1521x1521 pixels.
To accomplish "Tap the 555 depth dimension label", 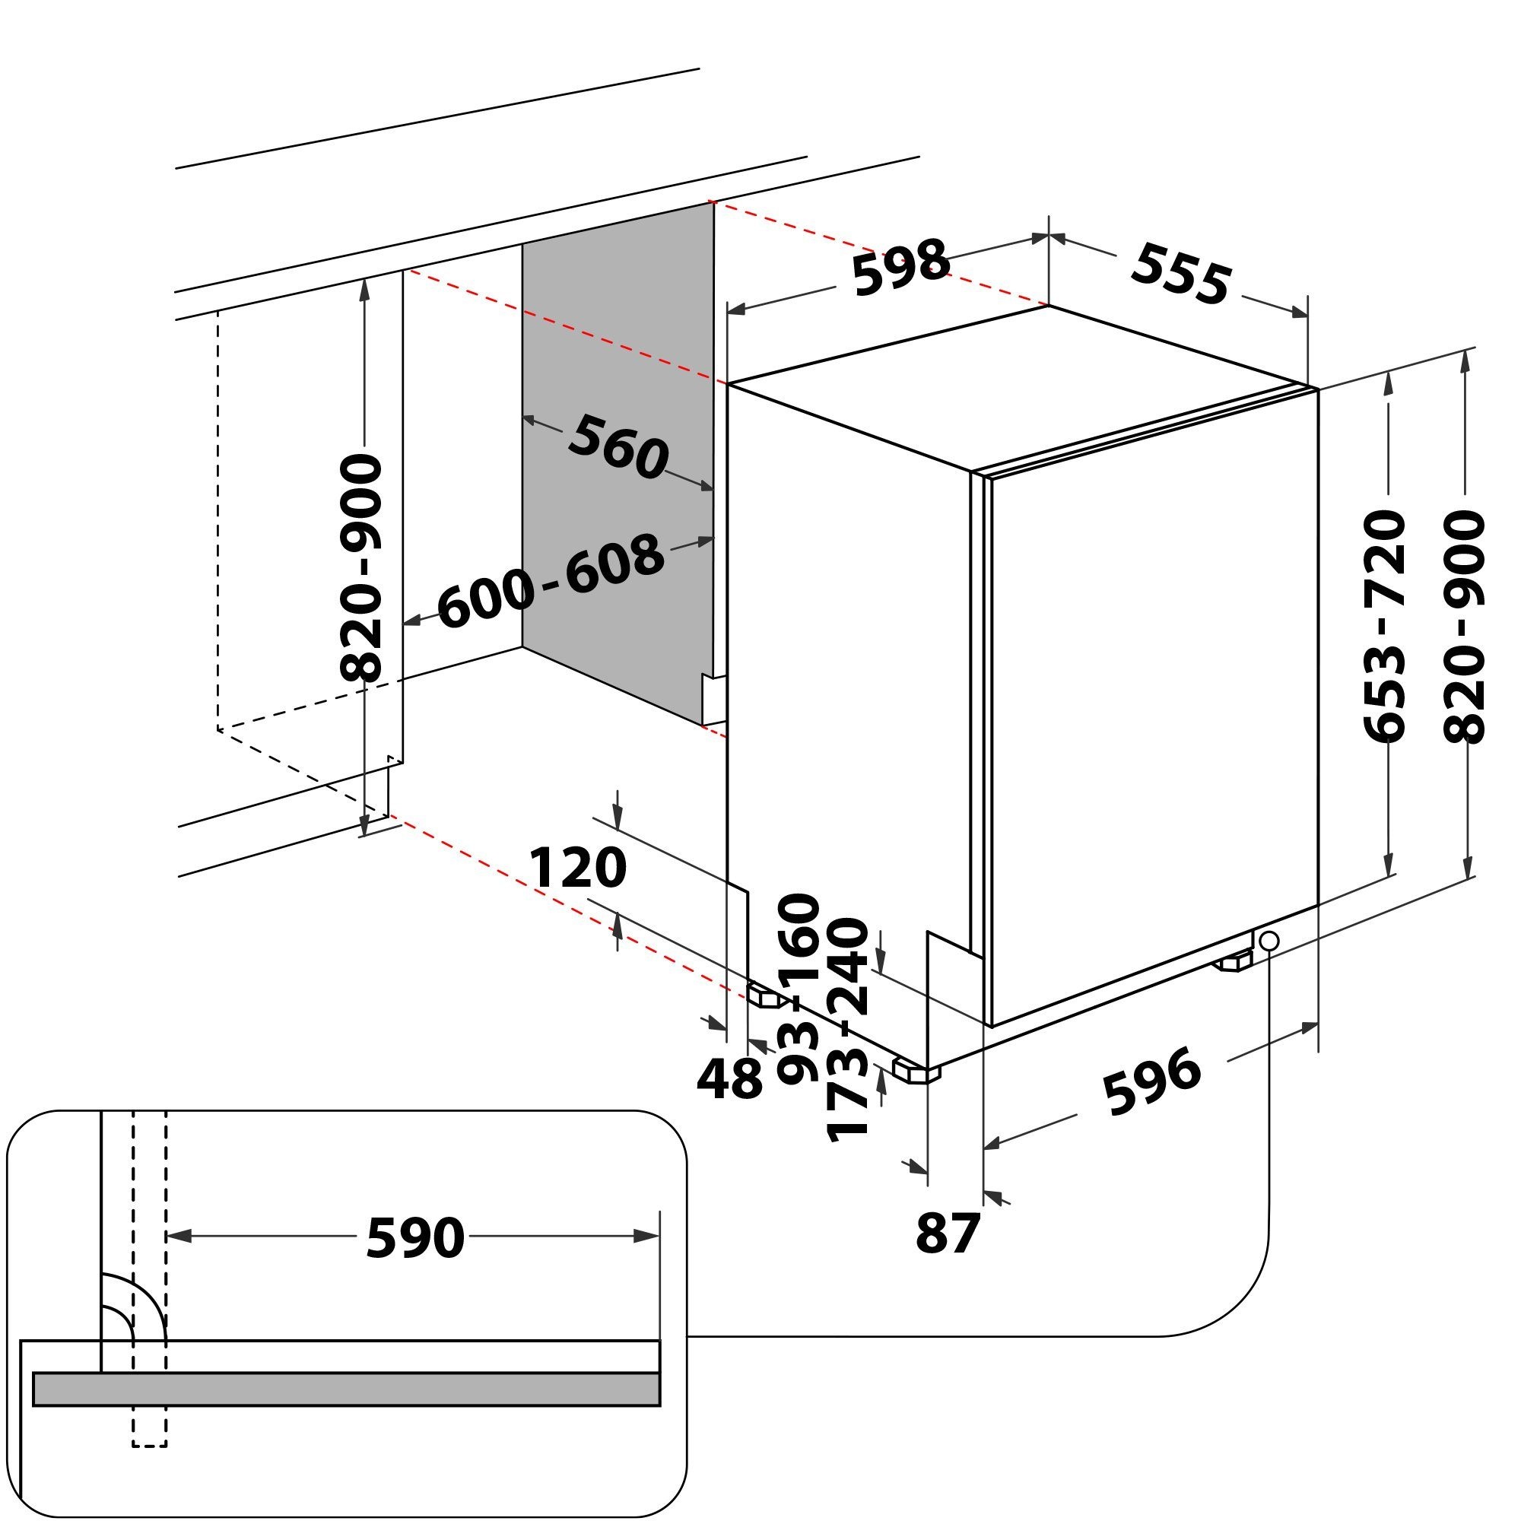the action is coord(1180,273).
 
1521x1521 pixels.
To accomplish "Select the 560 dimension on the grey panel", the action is coord(618,447).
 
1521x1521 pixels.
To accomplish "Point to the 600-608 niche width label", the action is coord(551,580).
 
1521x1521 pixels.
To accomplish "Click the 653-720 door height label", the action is coord(1383,626).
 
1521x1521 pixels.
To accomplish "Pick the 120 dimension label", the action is coord(578,868).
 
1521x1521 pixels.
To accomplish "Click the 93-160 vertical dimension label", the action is coord(799,988).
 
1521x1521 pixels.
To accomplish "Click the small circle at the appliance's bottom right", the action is coord(1269,940).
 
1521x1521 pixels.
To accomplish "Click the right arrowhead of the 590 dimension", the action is coord(647,1237).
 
